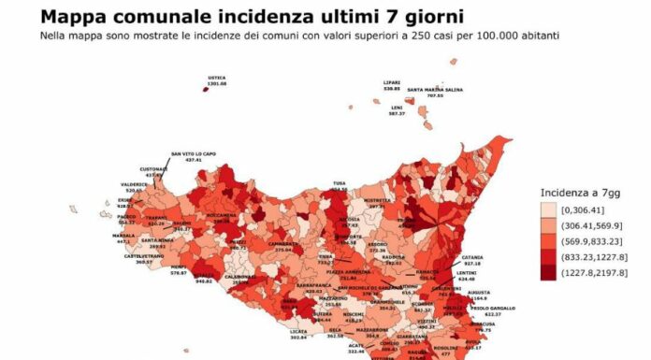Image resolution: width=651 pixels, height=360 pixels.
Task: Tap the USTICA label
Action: click(217, 78)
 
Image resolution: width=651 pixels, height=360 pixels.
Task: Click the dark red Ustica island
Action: click(206, 89)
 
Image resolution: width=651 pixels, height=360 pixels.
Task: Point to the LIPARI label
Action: click(392, 82)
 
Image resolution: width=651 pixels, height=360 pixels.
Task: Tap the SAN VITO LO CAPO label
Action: click(193, 154)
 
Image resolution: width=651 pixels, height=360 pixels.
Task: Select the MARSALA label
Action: click(124, 235)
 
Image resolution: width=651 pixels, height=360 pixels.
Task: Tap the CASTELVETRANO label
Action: click(131, 255)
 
